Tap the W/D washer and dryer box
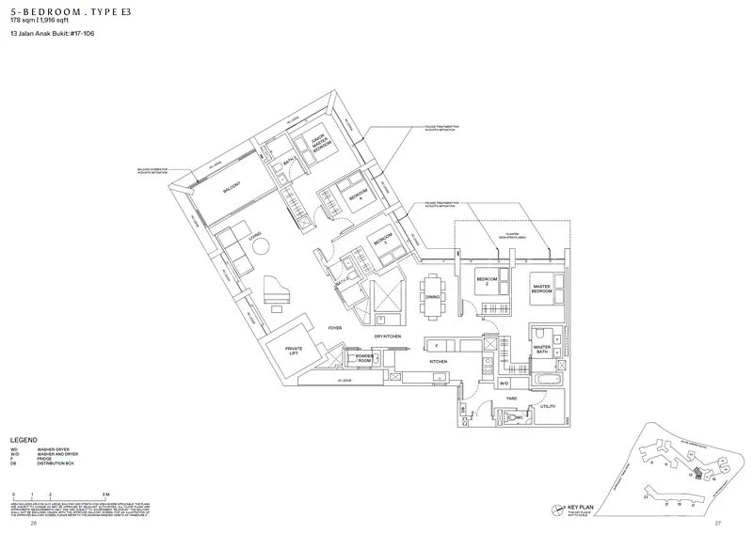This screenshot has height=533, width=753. (504, 384)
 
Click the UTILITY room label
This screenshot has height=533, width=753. (548, 406)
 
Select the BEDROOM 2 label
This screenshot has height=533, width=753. (487, 281)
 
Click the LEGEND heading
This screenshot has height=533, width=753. (24, 440)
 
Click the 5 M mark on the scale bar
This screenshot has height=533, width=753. (107, 494)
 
